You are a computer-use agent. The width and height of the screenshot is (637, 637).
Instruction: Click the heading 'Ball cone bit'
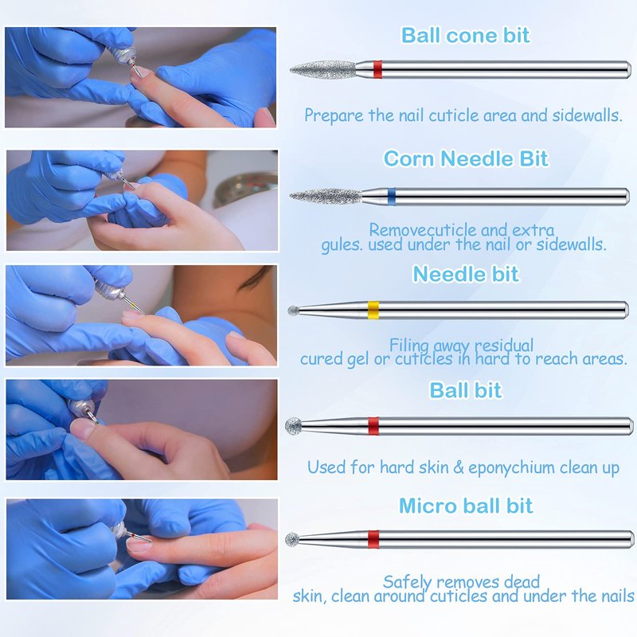pos(465,35)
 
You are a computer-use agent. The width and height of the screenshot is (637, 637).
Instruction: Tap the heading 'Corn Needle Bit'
pos(466,158)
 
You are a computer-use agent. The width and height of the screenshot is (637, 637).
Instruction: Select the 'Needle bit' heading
pos(466,274)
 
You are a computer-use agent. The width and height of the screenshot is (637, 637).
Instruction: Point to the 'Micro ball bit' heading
pos(466,506)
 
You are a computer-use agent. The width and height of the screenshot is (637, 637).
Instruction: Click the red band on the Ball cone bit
pos(377,69)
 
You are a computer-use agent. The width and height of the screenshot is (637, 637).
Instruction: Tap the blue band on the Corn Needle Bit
pos(391,197)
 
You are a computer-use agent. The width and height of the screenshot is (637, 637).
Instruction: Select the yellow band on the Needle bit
pos(373,311)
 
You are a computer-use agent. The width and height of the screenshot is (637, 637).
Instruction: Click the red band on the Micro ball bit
pos(373,539)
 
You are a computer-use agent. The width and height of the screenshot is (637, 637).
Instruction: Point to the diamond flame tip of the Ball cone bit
pos(323,69)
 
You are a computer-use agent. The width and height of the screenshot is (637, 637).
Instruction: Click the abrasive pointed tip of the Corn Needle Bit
pos(326,197)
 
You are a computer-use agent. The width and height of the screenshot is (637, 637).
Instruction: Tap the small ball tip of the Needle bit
pos(293,311)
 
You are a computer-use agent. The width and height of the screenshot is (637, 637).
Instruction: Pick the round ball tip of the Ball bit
pos(293,426)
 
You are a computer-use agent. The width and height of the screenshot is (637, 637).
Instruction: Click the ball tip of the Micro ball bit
pos(292,540)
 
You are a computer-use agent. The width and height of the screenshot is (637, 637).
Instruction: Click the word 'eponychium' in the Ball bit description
pos(511,468)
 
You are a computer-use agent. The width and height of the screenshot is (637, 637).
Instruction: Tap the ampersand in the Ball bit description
pos(459,467)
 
